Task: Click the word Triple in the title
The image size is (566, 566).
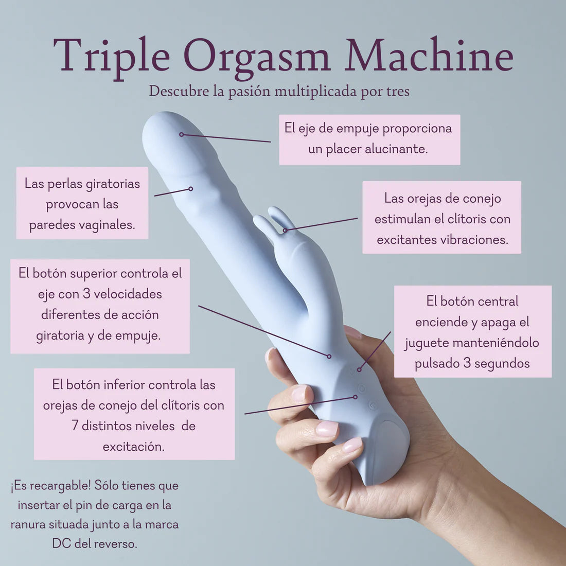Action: (x=111, y=56)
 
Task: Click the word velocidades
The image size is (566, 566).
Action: (x=128, y=294)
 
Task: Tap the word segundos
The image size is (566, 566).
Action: (x=502, y=363)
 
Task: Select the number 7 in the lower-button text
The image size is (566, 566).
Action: (x=75, y=426)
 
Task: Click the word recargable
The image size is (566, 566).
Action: (x=59, y=486)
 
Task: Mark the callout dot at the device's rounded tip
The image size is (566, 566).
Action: (x=181, y=134)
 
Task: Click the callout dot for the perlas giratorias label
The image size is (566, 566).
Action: (x=190, y=189)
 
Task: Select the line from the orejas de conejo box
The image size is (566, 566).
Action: (x=322, y=224)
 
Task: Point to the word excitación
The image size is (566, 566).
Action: (x=133, y=447)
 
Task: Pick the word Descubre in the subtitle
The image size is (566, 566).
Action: (x=178, y=91)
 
